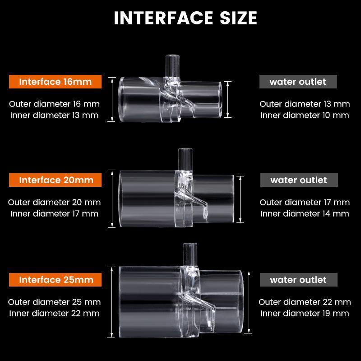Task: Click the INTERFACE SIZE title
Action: [185, 18]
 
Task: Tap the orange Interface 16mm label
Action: [55, 82]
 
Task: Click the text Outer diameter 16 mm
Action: [54, 104]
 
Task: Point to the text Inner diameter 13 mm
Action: [54, 115]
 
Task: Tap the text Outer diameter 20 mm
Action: [54, 202]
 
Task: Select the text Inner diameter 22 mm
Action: [54, 313]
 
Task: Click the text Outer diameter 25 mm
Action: [54, 302]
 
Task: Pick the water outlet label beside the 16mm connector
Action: [298, 82]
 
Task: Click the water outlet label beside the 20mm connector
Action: [299, 180]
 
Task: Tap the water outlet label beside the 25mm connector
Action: [298, 280]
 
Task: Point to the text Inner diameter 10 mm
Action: [305, 115]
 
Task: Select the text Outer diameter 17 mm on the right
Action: [305, 202]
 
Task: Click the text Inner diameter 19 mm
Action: [305, 313]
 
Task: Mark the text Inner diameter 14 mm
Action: [305, 213]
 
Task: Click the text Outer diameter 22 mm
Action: [305, 302]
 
